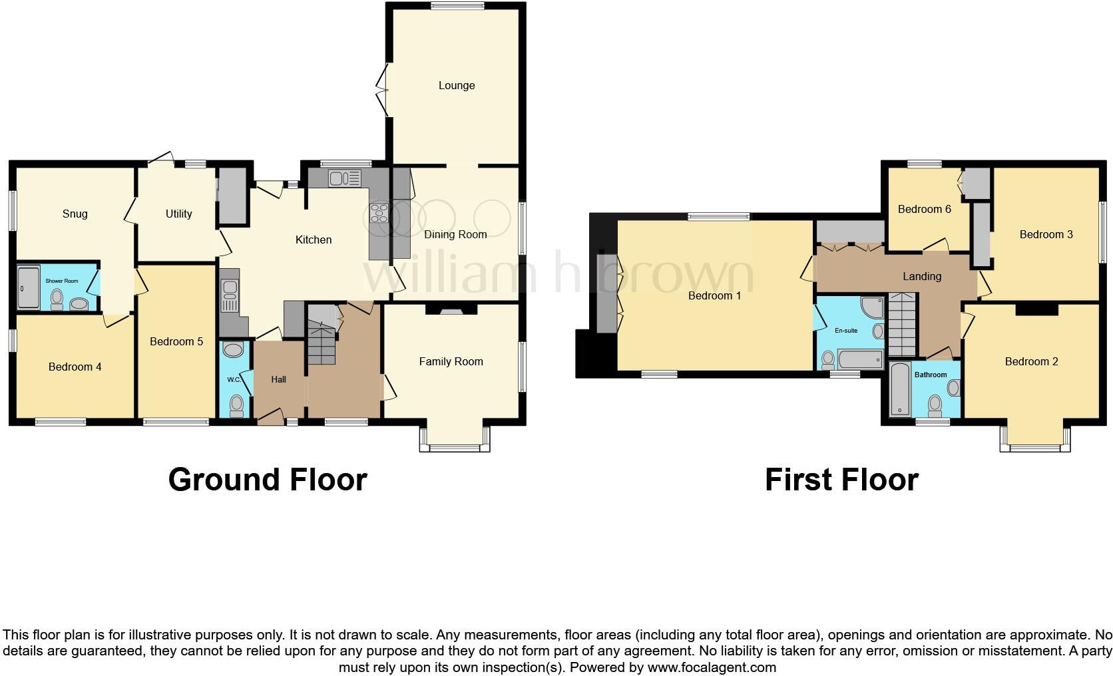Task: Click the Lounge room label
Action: click(457, 85)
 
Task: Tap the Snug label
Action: click(75, 214)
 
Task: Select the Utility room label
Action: click(178, 214)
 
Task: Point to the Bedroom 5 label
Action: click(176, 341)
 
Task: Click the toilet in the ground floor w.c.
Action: click(236, 405)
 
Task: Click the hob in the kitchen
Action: click(379, 213)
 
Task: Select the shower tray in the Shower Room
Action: click(28, 287)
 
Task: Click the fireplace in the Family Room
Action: click(451, 309)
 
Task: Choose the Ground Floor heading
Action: click(267, 479)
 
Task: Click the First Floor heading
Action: click(841, 479)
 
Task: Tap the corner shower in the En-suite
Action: click(872, 308)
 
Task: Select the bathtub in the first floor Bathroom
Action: click(900, 390)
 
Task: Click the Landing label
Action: click(922, 276)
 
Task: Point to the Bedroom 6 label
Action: click(925, 209)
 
